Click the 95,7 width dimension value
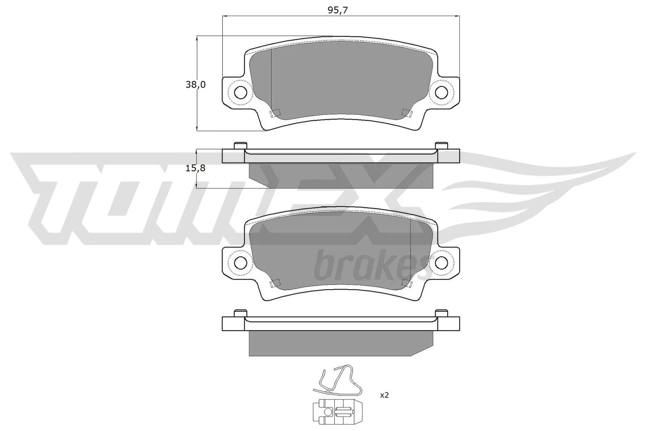[338, 11]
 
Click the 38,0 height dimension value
[196, 85]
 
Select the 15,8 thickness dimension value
[196, 168]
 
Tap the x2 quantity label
[384, 395]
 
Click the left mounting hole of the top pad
[241, 93]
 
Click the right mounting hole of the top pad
[441, 92]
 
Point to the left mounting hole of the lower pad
[241, 263]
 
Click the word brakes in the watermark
[369, 266]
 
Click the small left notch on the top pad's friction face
[275, 113]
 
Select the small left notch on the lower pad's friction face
[275, 283]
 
